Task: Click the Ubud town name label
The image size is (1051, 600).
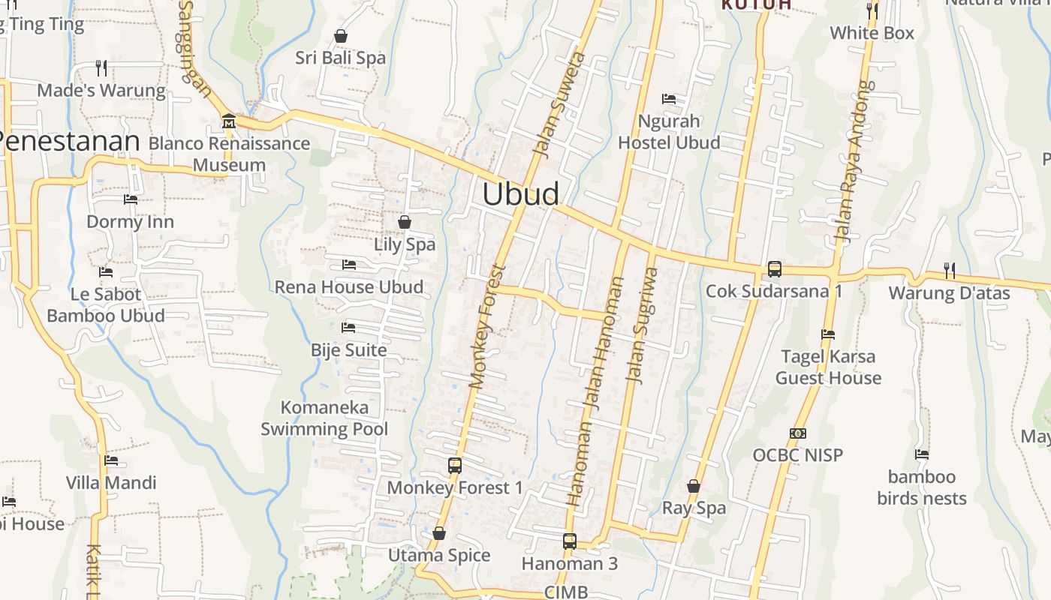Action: click(x=520, y=194)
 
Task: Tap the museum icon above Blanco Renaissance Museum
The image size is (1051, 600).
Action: click(x=228, y=121)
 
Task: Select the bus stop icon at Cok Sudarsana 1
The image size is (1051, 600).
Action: click(x=774, y=268)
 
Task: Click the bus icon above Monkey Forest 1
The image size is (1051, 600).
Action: click(x=454, y=465)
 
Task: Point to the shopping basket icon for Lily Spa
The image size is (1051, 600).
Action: click(x=405, y=222)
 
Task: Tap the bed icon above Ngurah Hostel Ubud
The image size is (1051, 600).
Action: click(x=668, y=98)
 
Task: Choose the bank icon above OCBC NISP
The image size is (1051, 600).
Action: click(x=797, y=433)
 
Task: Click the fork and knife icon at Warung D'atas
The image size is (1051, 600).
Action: click(x=949, y=270)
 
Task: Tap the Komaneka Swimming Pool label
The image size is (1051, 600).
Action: click(x=324, y=418)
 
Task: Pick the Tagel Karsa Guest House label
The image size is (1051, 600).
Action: click(x=828, y=367)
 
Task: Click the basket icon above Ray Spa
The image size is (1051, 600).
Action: click(x=694, y=486)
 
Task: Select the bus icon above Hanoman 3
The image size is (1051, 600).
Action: click(x=569, y=541)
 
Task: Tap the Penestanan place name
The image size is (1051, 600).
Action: click(x=69, y=142)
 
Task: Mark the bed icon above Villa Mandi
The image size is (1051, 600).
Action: click(x=111, y=460)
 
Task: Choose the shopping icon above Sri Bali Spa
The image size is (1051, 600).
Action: click(x=340, y=36)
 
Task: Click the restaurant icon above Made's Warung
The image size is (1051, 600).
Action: click(x=101, y=68)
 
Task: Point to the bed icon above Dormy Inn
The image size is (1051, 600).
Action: click(x=130, y=199)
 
